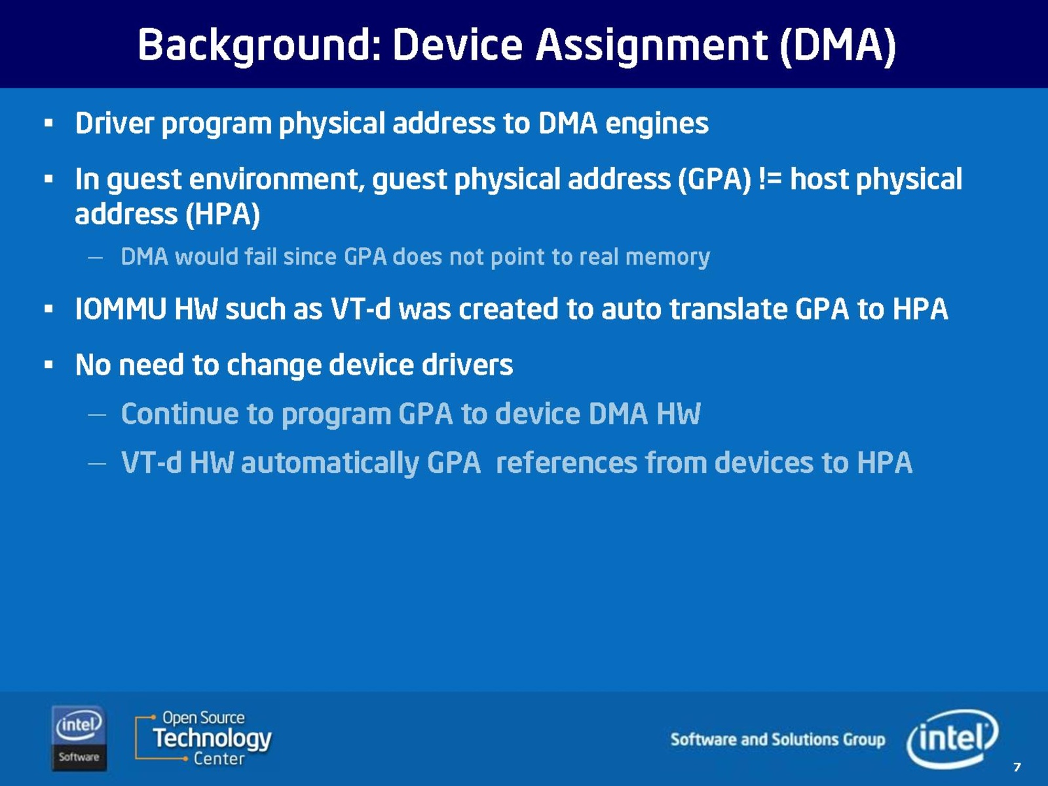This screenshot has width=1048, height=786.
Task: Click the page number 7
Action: click(1017, 767)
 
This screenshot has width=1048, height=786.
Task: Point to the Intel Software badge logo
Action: click(79, 738)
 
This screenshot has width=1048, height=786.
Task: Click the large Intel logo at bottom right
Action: click(952, 738)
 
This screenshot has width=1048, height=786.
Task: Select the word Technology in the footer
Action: click(212, 738)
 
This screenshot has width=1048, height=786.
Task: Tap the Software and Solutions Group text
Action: click(777, 739)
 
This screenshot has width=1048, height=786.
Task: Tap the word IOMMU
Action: click(121, 309)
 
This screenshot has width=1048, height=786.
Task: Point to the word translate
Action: click(728, 309)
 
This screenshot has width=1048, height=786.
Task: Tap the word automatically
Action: click(330, 463)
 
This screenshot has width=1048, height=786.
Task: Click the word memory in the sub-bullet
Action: click(667, 257)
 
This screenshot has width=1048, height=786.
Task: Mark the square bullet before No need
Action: click(48, 365)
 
